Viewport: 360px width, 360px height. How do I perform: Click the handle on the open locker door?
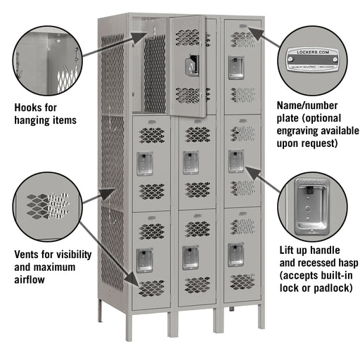coord(191,65)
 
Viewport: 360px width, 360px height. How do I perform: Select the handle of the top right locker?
coord(236,67)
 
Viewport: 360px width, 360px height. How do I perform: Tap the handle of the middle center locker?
coord(191,162)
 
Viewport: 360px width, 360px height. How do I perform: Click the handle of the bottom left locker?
coord(145,258)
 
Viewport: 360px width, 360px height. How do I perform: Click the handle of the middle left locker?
coord(145,162)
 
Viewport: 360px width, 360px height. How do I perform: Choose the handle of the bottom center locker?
coord(191,257)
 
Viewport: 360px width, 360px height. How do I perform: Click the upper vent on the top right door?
coord(243,39)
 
